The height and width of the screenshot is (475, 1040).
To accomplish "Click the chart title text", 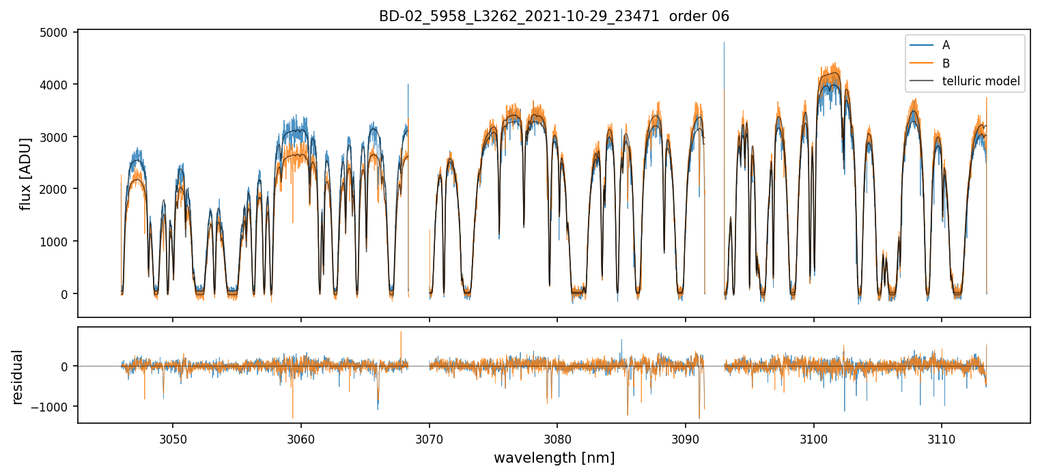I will [x=554, y=16].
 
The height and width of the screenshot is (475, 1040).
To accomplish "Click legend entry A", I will [x=946, y=45].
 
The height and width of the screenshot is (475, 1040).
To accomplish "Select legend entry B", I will [x=946, y=63].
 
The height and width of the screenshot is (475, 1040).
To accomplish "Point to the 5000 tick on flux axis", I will [x=55, y=32].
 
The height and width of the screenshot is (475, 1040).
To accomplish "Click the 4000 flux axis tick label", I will [x=55, y=85].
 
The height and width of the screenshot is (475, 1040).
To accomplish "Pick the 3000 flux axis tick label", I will [x=55, y=137].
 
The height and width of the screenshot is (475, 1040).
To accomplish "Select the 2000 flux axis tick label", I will [x=55, y=189].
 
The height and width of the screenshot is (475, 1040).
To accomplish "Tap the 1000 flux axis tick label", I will [x=55, y=242].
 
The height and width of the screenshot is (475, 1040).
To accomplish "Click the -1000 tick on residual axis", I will [x=51, y=407].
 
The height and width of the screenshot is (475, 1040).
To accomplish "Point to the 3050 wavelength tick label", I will [x=172, y=440].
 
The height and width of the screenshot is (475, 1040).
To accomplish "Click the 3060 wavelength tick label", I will [x=300, y=440].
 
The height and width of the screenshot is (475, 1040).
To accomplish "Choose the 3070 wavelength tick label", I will [x=429, y=440].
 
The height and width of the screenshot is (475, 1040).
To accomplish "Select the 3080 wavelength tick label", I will [x=557, y=440].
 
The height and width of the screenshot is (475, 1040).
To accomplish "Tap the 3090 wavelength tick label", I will [x=685, y=440].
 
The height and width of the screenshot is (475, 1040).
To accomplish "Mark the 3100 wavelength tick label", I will [x=813, y=440].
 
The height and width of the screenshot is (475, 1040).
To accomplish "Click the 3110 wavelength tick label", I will [x=942, y=440].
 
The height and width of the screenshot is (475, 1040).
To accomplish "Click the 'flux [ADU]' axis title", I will [x=26, y=173].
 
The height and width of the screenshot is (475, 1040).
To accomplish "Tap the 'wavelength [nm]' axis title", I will [x=554, y=458].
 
